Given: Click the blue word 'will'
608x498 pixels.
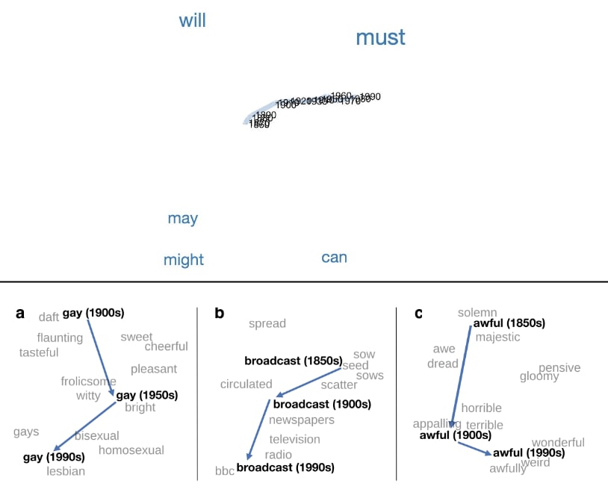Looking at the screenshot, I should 192,21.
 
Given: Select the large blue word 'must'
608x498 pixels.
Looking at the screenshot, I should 380,37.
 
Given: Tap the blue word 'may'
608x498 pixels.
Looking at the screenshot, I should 182,218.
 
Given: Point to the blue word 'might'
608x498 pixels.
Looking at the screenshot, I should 183,260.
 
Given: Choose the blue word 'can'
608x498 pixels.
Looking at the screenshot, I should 334,258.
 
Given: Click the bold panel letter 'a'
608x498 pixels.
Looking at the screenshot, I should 20,314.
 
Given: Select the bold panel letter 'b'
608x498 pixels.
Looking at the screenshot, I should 219,314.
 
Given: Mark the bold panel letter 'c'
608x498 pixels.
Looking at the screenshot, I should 418,314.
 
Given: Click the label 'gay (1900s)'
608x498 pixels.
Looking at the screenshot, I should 93,313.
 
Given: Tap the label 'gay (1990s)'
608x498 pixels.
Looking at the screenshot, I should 54,456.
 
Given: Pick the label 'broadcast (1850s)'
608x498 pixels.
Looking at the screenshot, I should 293,361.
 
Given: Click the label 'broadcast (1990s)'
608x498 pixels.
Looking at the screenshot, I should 285,467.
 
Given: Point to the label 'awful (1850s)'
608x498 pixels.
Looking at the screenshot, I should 509,323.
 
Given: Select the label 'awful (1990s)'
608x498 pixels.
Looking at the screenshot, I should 529,452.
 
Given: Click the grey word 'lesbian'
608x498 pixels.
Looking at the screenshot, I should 66,471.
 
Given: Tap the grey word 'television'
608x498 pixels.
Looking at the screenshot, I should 294,439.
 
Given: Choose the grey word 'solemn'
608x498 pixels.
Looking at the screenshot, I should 477,312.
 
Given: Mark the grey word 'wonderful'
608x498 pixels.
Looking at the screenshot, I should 558,442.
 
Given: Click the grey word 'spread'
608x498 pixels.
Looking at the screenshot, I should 267,323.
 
